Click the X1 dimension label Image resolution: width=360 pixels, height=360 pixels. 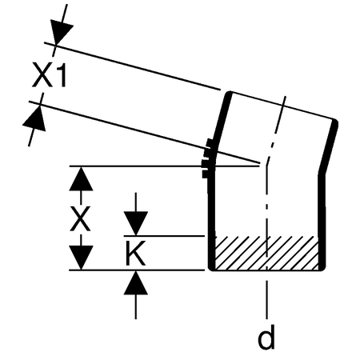click(x=50, y=74)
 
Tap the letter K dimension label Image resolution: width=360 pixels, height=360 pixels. click(x=135, y=253)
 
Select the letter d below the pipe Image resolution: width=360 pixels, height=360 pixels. click(x=266, y=337)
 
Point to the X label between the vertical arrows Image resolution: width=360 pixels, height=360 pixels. click(x=80, y=218)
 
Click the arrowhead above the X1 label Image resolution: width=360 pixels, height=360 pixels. click(x=61, y=31)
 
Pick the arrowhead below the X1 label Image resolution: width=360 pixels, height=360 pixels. click(x=34, y=119)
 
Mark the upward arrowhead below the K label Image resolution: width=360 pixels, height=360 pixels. click(x=136, y=282)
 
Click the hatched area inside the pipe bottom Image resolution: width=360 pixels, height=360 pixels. click(x=266, y=253)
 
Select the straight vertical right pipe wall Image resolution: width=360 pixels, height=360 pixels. click(x=322, y=222)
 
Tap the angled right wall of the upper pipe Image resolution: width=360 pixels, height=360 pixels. click(x=329, y=146)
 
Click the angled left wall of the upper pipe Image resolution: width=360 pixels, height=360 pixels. click(x=222, y=120)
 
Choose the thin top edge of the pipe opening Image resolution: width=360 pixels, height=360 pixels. click(x=282, y=105)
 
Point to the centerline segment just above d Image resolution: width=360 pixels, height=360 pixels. click(x=266, y=299)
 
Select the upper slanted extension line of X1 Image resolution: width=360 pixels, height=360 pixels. click(x=132, y=66)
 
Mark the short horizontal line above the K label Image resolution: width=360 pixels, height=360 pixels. click(x=164, y=236)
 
